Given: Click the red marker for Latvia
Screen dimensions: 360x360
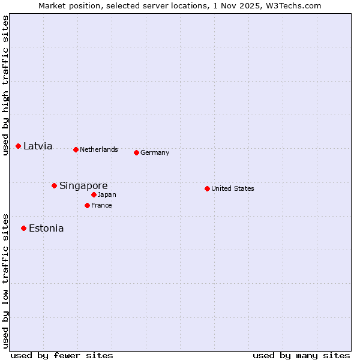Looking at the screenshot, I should pyautogui.click(x=19, y=146).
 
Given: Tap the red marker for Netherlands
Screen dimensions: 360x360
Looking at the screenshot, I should pyautogui.click(x=76, y=149).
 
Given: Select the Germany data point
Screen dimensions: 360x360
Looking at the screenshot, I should pyautogui.click(x=136, y=152).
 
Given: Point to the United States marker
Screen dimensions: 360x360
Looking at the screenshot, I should pyautogui.click(x=207, y=188).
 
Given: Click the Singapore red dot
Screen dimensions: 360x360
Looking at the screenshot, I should pyautogui.click(x=54, y=185).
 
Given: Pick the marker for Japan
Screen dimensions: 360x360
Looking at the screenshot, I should pyautogui.click(x=94, y=194).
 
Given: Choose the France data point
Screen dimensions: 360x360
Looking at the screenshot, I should pyautogui.click(x=87, y=205).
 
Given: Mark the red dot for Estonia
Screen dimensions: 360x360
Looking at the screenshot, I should pyautogui.click(x=23, y=228).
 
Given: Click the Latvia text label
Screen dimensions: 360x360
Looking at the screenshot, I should pyautogui.click(x=38, y=146).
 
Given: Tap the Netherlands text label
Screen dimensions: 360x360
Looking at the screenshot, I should pyautogui.click(x=99, y=149).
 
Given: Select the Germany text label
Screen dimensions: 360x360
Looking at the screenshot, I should pyautogui.click(x=155, y=152).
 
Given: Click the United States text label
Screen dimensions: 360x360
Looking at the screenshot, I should pyautogui.click(x=233, y=188).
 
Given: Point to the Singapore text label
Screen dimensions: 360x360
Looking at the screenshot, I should pyautogui.click(x=83, y=185).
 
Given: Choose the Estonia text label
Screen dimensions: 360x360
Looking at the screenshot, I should pyautogui.click(x=46, y=228).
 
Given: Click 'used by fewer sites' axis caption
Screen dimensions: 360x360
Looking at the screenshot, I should pyautogui.click(x=62, y=355).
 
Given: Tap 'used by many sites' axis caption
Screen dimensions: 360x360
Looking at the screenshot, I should pyautogui.click(x=301, y=355).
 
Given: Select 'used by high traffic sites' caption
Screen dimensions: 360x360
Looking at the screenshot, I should pyautogui.click(x=5, y=85).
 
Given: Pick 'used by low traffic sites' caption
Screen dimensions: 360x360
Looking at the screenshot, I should pyautogui.click(x=5, y=280).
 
